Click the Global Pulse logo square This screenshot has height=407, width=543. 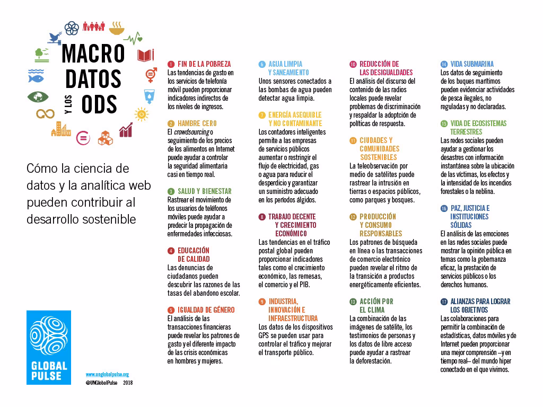[x=49, y=347]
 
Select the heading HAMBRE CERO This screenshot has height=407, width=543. [x=197, y=123]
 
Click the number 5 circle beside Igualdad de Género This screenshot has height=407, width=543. [x=171, y=310]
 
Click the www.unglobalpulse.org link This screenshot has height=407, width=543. [x=107, y=374]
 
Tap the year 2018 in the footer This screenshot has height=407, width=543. [x=128, y=382]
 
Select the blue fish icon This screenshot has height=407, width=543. [x=36, y=79]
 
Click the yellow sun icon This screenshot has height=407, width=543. [x=142, y=113]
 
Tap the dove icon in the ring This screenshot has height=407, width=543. [x=55, y=38]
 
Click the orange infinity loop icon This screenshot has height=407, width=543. [x=46, y=113]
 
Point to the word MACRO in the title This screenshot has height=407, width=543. [x=93, y=54]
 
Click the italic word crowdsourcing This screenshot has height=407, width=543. [x=191, y=132]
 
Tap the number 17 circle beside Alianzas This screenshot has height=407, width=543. [x=444, y=302]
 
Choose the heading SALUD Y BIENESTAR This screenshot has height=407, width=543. [x=204, y=191]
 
